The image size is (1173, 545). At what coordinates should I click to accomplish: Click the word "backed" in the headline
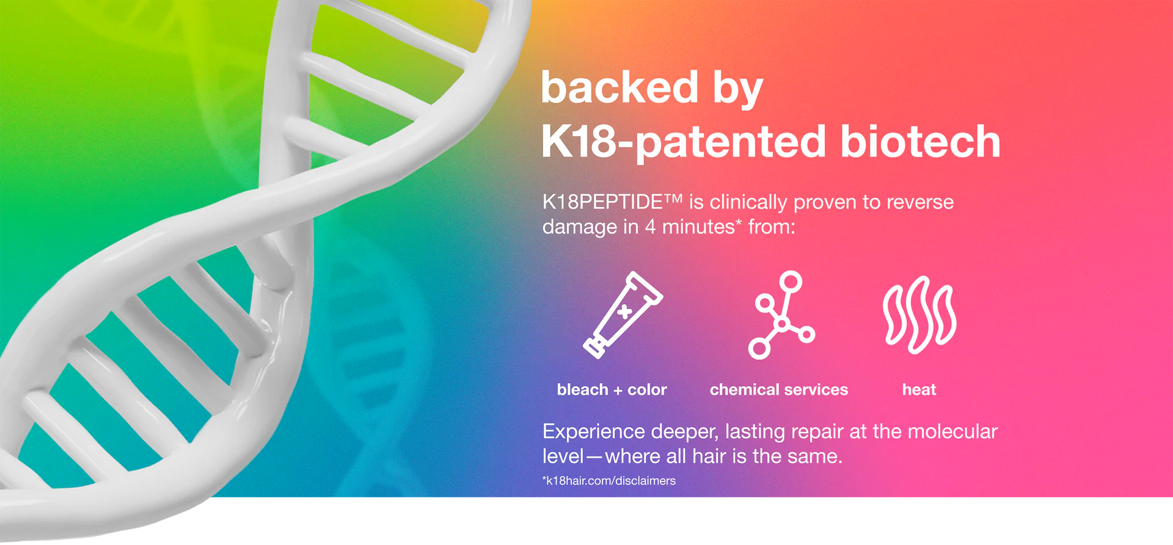coord(619,87)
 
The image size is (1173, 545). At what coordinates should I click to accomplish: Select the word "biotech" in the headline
coord(920,141)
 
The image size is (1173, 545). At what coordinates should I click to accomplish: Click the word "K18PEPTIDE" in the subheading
coord(603,202)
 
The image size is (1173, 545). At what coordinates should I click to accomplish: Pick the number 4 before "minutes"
coord(650,227)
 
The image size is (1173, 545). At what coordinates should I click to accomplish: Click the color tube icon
coord(623,315)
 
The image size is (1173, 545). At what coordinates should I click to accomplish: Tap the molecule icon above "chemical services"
coord(781,315)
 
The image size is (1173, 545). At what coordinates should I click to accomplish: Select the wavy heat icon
coord(919,315)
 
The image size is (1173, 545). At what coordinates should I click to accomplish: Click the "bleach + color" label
coord(612,390)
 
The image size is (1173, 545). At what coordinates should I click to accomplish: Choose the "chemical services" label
coord(779,390)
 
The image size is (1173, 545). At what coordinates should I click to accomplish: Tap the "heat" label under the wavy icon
coord(919,390)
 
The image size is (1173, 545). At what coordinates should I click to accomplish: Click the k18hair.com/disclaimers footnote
coord(609,481)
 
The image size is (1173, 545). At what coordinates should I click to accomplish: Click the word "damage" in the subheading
coord(580,227)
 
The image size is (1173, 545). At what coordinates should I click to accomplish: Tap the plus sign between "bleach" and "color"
coord(618,390)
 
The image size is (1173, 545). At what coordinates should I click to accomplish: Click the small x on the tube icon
coord(624,312)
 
